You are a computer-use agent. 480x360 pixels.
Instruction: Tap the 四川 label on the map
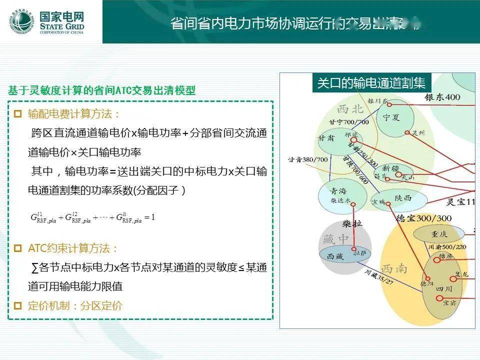[x=443, y=289]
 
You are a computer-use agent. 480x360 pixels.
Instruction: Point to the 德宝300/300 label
[x=423, y=218]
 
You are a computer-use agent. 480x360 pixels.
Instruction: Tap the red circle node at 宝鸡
[x=388, y=202]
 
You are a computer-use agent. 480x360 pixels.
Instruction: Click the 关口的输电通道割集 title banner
[x=371, y=83]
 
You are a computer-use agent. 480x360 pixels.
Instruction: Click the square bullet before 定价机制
[x=18, y=305]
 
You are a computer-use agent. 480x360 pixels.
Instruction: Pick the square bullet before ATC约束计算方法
[x=18, y=248]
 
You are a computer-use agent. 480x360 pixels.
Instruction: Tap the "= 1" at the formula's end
[x=149, y=217]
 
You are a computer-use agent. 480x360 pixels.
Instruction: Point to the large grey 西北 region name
[x=350, y=109]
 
